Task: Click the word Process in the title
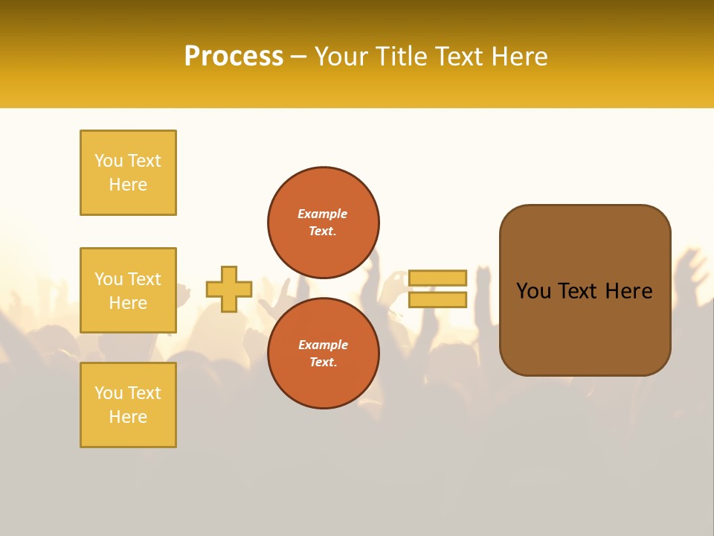pos(234,57)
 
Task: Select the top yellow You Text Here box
pos(128,173)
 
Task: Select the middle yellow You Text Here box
pos(128,290)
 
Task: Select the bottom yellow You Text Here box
pos(128,405)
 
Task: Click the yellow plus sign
pos(229,289)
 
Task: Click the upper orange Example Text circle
pos(324,223)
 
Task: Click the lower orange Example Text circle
pos(324,354)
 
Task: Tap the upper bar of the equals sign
pos(437,278)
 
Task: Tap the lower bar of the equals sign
pos(437,299)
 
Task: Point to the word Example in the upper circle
pos(323,214)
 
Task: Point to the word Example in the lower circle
pos(323,345)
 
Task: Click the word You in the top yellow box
pos(109,161)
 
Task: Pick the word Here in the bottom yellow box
pos(128,417)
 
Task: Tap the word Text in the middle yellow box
pos(144,279)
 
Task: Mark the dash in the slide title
pos(299,57)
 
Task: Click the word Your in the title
pos(341,57)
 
